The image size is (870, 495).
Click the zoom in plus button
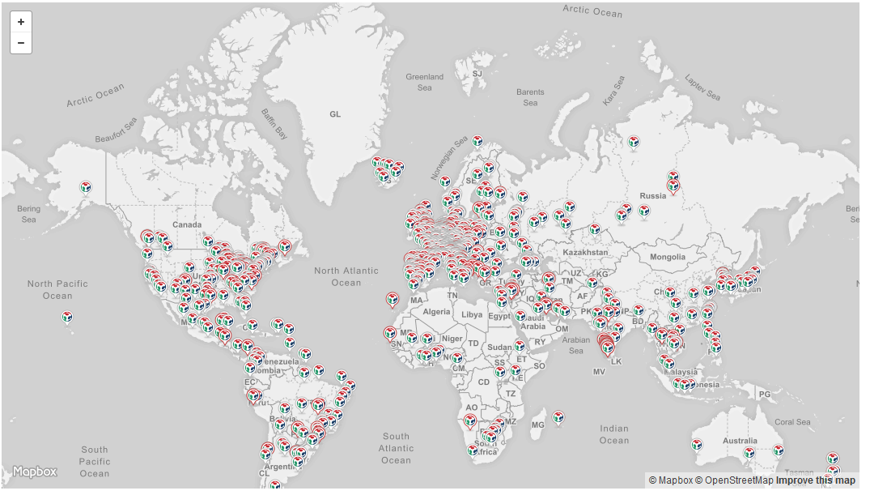21,22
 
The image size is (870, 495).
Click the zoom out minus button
21,43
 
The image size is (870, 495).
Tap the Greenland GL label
335,114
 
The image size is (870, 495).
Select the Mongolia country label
667,257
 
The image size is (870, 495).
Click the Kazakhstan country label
584,252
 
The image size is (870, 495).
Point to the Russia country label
652,195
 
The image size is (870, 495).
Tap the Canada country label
187,224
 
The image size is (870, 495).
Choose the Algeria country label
436,312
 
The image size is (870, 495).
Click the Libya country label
472,314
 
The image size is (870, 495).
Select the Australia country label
740,441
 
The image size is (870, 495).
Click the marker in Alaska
86,188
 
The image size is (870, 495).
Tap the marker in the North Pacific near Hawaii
68,317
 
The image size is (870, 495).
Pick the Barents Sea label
530,97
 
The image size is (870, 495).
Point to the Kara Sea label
614,90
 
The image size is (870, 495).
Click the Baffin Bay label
274,124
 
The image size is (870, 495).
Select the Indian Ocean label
614,434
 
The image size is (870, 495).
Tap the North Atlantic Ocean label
346,276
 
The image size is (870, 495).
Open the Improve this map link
815,480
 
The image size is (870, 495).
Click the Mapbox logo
35,472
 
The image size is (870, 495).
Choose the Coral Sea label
791,422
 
